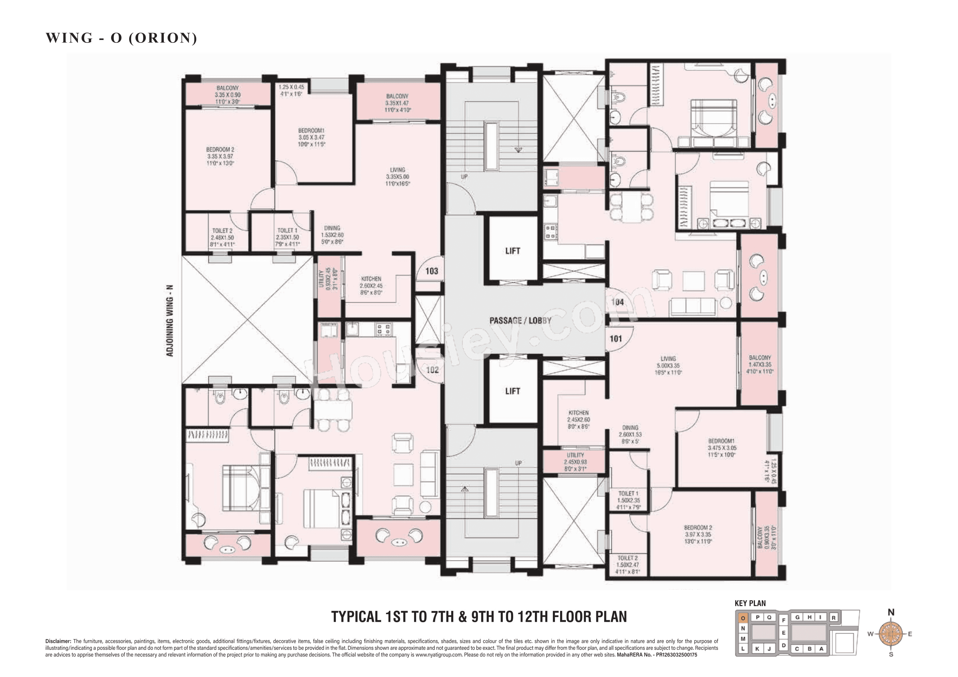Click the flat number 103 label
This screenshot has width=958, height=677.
(x=432, y=271)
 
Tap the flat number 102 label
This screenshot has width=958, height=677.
(x=432, y=370)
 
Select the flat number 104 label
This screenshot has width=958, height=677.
(x=617, y=302)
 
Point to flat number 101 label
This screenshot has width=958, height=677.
(x=616, y=339)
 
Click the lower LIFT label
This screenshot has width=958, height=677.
(x=512, y=391)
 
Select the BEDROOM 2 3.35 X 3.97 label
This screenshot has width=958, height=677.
(x=220, y=156)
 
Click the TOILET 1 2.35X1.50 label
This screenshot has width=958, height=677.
(x=288, y=237)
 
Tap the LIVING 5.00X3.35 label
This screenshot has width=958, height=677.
(x=668, y=365)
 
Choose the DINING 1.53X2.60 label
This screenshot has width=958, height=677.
(x=332, y=235)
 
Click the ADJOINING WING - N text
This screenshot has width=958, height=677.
(x=170, y=321)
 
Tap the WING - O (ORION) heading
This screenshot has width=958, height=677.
(x=121, y=38)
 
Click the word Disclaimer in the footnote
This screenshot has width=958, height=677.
(x=58, y=641)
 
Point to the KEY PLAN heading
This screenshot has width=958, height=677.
(x=750, y=603)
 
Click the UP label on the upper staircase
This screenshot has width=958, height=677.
(x=464, y=177)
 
